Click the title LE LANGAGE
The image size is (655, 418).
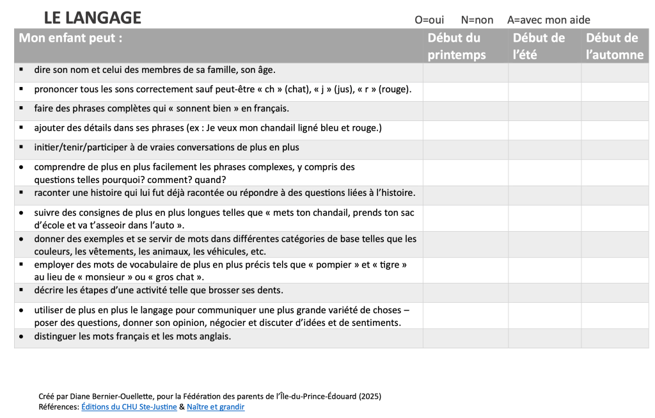tap(93, 18)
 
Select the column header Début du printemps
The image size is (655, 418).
tap(456, 46)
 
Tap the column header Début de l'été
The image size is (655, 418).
tap(539, 46)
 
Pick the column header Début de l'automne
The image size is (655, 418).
tap(614, 46)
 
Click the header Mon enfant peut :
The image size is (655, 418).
tap(70, 38)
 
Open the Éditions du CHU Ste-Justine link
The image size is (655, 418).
tap(129, 406)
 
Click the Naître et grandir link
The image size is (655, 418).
tap(216, 406)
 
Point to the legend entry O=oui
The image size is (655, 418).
tap(429, 20)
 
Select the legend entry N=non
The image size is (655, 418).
tap(477, 20)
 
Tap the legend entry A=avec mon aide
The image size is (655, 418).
tap(548, 20)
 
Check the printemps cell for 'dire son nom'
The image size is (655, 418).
tap(465, 72)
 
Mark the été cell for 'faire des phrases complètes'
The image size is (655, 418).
tap(544, 111)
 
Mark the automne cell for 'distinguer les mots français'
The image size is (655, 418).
tap(614, 338)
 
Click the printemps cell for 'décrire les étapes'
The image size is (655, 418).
tap(465, 293)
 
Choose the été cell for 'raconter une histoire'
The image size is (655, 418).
tap(544, 195)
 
